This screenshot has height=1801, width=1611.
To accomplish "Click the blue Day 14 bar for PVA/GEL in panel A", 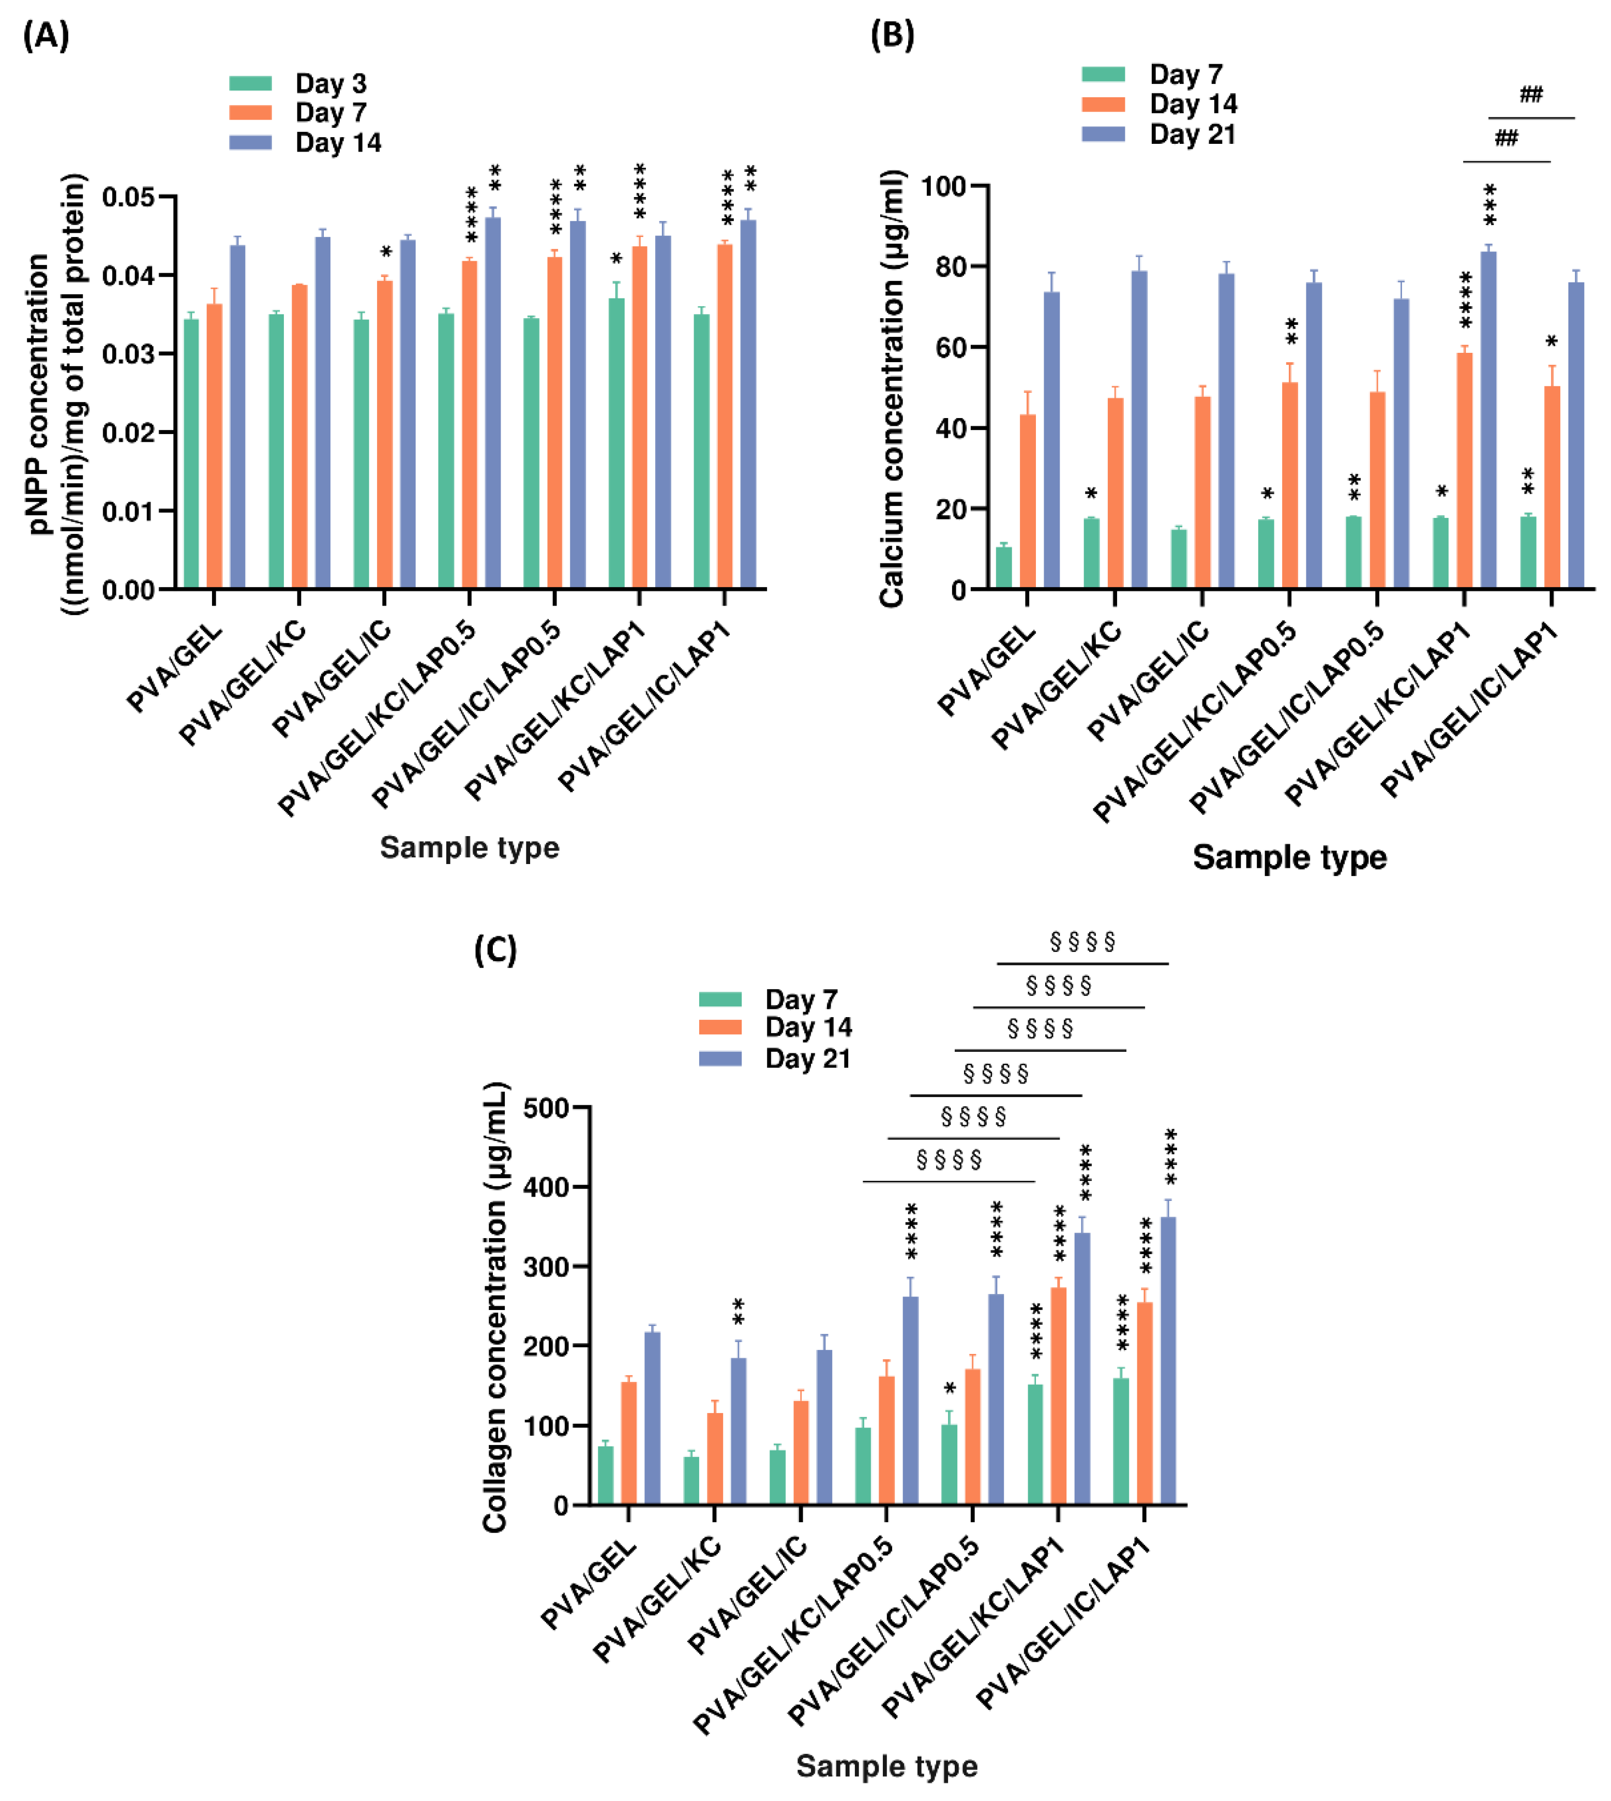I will tap(237, 416).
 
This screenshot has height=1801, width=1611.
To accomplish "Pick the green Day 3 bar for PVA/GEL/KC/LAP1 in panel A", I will tap(616, 443).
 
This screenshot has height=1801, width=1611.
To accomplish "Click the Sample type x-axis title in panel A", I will tap(469, 847).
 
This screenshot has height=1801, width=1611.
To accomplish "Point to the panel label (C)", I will tap(495, 950).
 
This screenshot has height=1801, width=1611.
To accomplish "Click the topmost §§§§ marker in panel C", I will tap(1082, 941).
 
